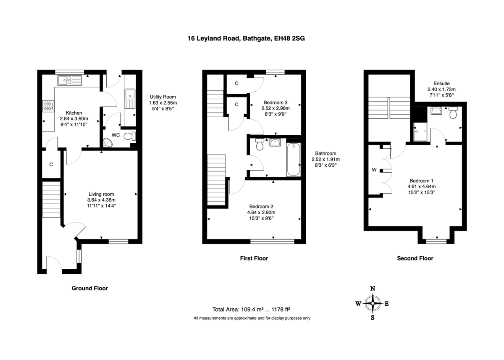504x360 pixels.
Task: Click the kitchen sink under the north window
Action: click(x=70, y=81)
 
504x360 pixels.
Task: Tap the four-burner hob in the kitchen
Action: click(x=48, y=106)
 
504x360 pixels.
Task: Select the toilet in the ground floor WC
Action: click(x=130, y=136)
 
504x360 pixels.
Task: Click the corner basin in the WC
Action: click(x=108, y=143)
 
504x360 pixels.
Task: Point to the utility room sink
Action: click(x=130, y=99)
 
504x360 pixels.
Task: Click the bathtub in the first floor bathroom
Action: click(x=294, y=160)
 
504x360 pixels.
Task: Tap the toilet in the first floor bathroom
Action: click(x=260, y=144)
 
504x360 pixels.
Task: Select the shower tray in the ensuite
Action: click(x=420, y=132)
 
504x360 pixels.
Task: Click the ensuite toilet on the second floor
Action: click(x=453, y=113)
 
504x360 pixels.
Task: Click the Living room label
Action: click(x=101, y=194)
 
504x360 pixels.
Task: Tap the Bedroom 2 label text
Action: click(x=261, y=206)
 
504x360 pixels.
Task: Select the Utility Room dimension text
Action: click(x=163, y=106)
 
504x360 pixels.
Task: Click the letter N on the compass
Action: click(x=373, y=289)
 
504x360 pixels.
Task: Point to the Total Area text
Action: click(x=251, y=309)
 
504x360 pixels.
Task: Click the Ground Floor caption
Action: click(x=90, y=288)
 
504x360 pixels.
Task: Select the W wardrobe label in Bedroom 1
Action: click(x=374, y=170)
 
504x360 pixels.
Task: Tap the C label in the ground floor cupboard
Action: click(x=51, y=165)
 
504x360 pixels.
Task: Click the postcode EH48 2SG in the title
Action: click(x=289, y=38)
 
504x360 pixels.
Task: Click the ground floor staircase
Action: click(x=52, y=200)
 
